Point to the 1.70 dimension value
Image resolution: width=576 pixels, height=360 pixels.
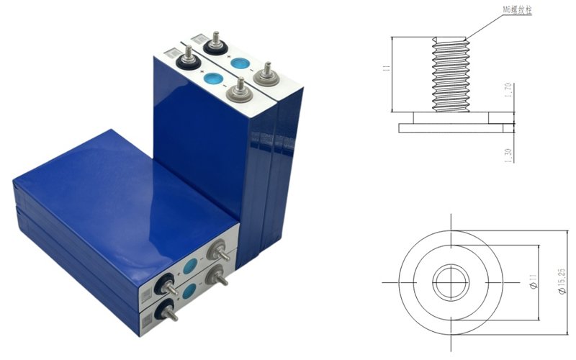pos(510,93)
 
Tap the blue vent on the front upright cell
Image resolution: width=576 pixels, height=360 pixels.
pos(213,78)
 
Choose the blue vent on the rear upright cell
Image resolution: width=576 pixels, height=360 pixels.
pos(239,62)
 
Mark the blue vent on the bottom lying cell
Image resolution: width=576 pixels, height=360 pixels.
pos(189,291)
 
